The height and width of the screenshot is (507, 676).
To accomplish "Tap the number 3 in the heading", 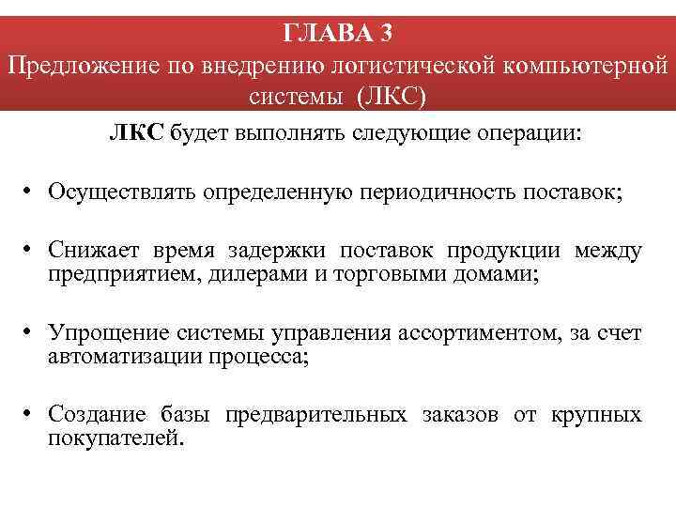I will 387,33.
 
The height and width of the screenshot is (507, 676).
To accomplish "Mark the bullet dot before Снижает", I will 30,251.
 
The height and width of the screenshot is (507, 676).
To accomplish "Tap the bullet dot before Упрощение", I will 30,333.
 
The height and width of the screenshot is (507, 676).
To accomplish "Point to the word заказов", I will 458,415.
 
